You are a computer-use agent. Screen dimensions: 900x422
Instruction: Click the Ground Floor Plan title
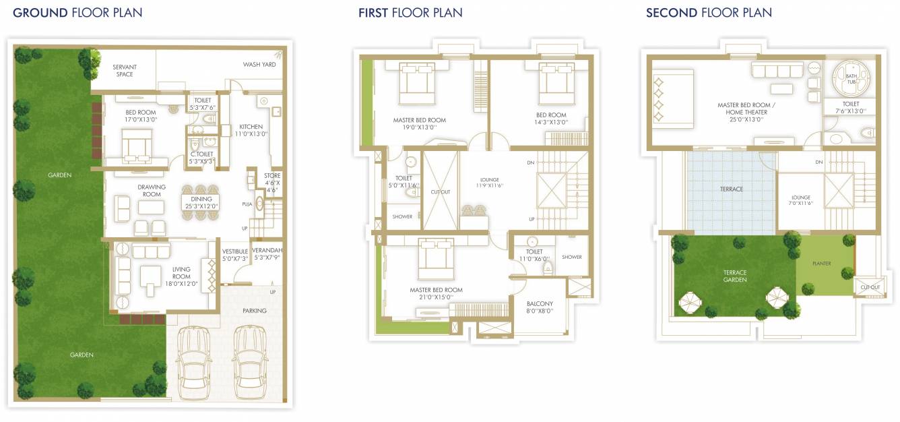(x=77, y=13)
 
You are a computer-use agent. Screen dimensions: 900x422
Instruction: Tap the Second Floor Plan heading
(x=709, y=13)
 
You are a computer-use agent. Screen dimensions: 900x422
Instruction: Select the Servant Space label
(x=125, y=71)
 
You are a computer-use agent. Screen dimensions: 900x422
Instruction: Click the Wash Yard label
(x=259, y=64)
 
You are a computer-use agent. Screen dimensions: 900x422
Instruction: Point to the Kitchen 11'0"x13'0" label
(x=251, y=130)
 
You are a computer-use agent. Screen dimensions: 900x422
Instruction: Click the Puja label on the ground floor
(x=247, y=204)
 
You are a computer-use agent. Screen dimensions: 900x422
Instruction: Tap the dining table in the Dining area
(x=201, y=202)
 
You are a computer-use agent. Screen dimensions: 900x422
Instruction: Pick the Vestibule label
(x=235, y=251)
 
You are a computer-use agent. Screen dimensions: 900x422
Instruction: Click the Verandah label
(x=267, y=250)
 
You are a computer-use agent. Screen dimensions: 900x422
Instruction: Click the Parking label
(x=255, y=311)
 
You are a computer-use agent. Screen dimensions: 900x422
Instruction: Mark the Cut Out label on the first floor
(x=441, y=192)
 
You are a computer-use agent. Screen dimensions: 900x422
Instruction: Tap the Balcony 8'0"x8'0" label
(x=540, y=307)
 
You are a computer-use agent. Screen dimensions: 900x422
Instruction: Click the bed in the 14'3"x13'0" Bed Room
(x=556, y=83)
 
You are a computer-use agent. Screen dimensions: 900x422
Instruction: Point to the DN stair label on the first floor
(x=531, y=162)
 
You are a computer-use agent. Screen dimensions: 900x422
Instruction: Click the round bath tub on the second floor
(x=851, y=78)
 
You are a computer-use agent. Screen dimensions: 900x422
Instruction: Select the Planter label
(x=822, y=264)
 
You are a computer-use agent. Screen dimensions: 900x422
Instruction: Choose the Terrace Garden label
(x=735, y=276)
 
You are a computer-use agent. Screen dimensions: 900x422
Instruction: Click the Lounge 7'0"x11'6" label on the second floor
(x=801, y=200)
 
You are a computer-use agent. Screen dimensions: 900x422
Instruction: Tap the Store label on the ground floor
(x=272, y=176)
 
